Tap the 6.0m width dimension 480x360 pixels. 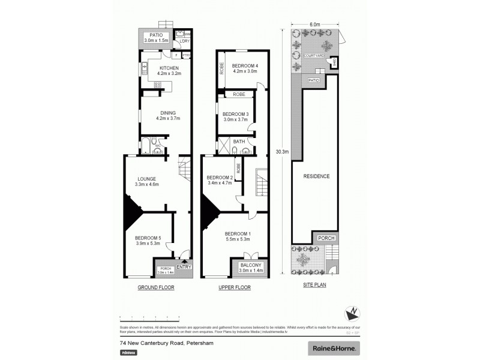click(x=315, y=24)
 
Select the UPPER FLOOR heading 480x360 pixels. click(x=234, y=287)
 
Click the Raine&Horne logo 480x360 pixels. click(x=334, y=348)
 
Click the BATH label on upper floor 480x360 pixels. click(x=238, y=142)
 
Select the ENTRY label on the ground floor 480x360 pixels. click(x=184, y=266)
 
